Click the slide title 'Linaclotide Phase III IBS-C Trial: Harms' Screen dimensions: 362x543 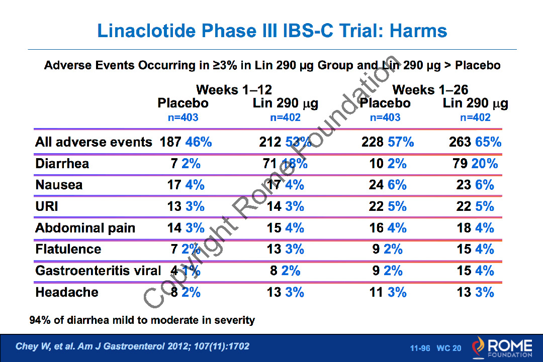pos(272,31)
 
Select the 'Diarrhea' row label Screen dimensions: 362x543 pos(62,164)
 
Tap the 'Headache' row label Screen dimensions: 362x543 pos(67,292)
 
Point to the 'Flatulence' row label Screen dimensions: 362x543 pos(68,249)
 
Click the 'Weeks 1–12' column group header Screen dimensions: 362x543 pos(234,90)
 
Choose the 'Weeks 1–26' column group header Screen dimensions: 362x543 pos(430,90)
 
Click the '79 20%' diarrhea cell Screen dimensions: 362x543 pos(475,164)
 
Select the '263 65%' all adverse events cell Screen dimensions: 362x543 pos(475,142)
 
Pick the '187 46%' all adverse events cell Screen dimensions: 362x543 pos(186,142)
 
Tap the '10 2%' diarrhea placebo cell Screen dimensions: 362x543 pos(387,164)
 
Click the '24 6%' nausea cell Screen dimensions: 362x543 pos(387,185)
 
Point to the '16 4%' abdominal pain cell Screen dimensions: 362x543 pos(387,228)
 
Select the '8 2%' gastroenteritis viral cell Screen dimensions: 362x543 pos(285,271)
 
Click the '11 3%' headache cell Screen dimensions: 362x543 pos(387,292)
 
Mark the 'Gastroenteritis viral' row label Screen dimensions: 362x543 pos(98,271)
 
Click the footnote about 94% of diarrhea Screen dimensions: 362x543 pos(142,320)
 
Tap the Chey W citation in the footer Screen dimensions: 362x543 pos(133,346)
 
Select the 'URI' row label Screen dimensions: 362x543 pos(47,206)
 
